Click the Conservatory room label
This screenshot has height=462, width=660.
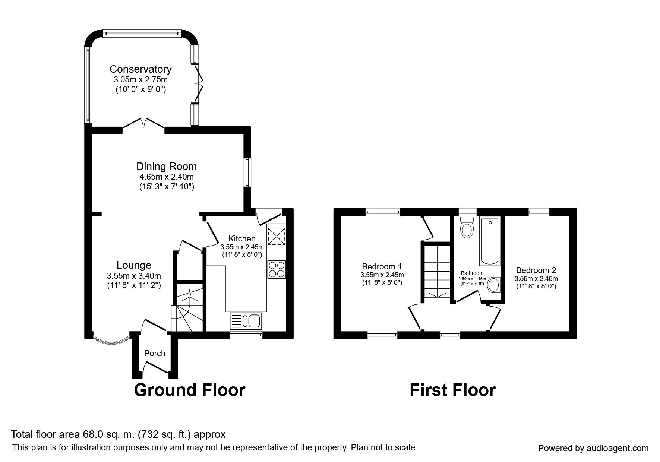[140, 69]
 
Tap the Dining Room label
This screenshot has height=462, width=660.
[166, 166]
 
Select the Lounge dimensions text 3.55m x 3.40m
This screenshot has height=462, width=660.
[134, 276]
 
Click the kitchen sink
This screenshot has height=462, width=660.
[246, 321]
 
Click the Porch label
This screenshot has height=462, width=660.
[155, 353]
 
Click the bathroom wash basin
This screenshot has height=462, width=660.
[494, 285]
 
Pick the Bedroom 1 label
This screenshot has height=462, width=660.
[382, 266]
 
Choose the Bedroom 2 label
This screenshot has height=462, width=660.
[536, 270]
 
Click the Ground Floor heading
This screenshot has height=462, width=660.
[189, 390]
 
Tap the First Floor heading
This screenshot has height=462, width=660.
[452, 390]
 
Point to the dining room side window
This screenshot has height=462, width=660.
[247, 172]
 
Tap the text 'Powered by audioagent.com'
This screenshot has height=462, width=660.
[593, 448]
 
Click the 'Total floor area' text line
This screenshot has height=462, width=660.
[118, 434]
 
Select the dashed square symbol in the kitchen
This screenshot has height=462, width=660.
[277, 236]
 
